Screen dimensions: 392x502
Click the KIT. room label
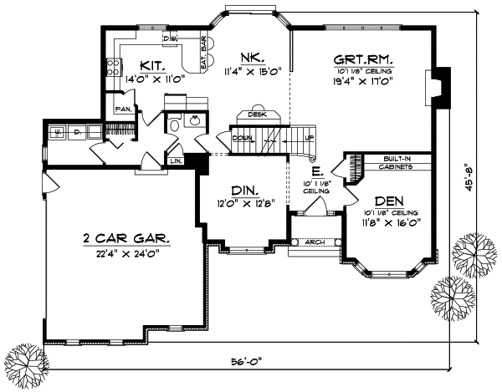point(151,64)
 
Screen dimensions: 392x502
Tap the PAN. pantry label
point(123,109)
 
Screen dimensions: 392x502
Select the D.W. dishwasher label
point(170,38)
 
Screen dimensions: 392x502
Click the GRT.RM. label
point(363,59)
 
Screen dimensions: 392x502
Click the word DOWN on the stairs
point(243,138)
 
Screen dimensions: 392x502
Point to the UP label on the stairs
point(309,138)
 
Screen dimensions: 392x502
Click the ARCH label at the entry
point(314,242)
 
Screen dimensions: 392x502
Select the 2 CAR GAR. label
point(127,238)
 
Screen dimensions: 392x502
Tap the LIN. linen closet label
point(177,160)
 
